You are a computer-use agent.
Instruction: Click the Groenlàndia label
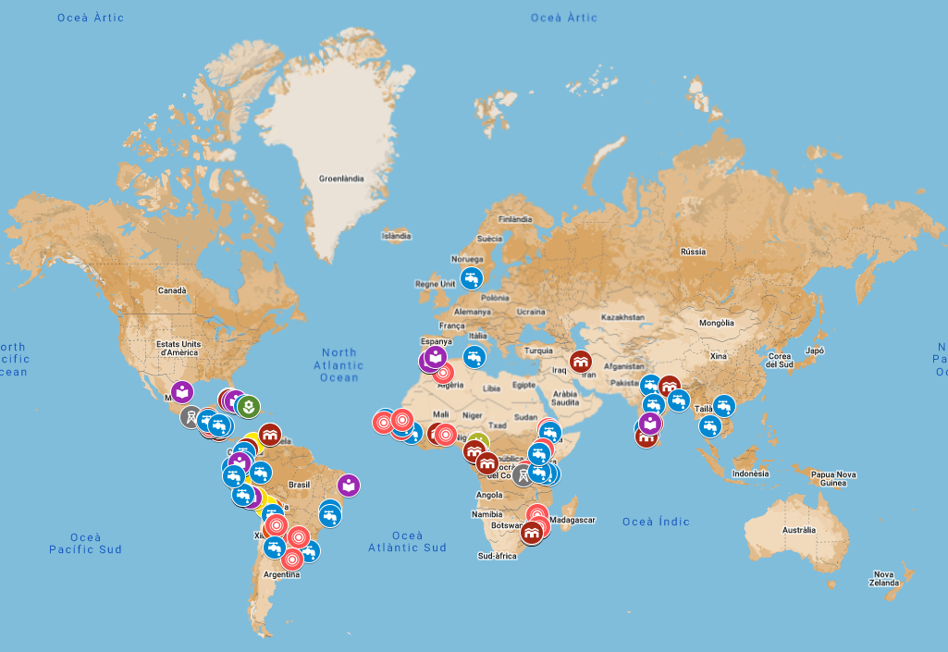tap(341, 178)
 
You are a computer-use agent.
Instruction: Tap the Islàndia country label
tap(396, 236)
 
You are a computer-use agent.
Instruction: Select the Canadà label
tap(172, 290)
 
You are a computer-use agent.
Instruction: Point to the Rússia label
tap(693, 252)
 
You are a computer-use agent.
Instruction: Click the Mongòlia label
tap(716, 323)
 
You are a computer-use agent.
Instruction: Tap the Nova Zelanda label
tap(883, 578)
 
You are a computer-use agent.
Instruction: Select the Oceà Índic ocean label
tap(656, 522)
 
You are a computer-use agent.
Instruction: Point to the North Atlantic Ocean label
tap(339, 364)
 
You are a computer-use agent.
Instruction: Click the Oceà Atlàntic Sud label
tap(408, 541)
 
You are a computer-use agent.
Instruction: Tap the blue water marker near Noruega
tap(472, 277)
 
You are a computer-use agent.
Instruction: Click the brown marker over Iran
tap(581, 363)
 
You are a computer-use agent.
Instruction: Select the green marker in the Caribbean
tap(248, 405)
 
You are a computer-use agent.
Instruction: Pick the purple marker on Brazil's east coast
tap(349, 485)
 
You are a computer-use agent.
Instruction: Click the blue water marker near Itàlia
tap(474, 356)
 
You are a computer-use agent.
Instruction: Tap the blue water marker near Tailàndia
tap(724, 405)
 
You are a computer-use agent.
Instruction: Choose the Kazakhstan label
tap(622, 316)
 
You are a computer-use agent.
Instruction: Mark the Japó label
tap(814, 351)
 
